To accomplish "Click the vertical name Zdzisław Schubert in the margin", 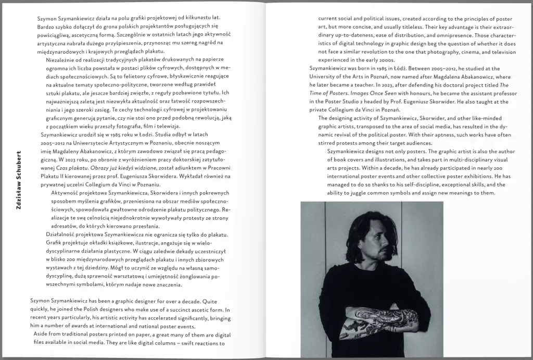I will point(19,181).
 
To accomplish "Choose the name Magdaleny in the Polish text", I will point(55,151).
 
